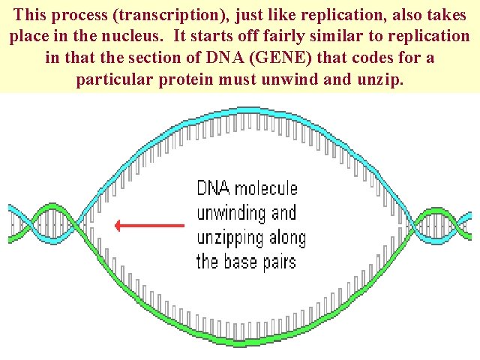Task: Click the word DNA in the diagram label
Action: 214,188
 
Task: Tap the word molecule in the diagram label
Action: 266,188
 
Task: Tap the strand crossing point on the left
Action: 79,223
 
